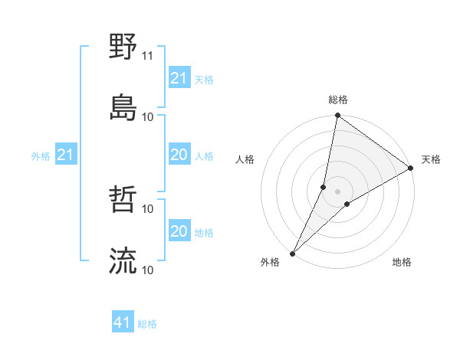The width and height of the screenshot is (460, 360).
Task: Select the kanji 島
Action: pos(123,107)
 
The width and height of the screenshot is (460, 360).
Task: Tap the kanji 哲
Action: pos(123,201)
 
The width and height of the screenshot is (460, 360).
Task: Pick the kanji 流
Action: pos(123,261)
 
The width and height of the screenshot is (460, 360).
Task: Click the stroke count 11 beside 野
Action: pos(148,56)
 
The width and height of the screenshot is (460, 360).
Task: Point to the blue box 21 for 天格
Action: pos(179,77)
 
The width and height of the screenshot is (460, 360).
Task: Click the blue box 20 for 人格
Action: pos(179,155)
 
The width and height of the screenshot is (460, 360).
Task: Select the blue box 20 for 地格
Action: pos(179,231)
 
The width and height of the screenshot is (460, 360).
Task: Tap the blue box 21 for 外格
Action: pos(65,155)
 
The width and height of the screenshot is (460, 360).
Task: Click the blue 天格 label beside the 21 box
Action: pos(204,79)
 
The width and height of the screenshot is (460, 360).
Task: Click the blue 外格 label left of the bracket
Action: pos(41,156)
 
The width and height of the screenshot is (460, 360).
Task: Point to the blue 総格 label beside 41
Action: pos(147,324)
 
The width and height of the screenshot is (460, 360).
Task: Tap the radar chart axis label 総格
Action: pos(338,100)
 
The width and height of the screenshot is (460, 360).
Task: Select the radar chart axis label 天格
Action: pos(431,159)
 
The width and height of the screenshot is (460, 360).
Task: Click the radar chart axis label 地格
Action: pos(402,262)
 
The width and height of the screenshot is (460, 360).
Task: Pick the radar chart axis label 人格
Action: pos(245,159)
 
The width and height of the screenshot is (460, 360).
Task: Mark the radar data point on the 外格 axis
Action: pos(292,254)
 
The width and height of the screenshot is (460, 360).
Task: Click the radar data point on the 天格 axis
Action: pos(411,169)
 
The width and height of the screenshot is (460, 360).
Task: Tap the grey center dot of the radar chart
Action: pos(338,191)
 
